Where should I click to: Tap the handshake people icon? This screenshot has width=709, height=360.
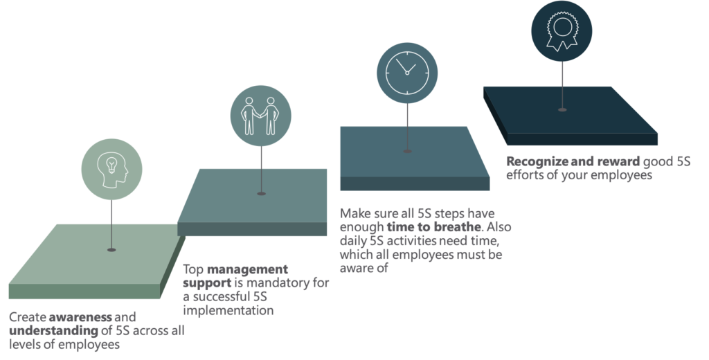260,116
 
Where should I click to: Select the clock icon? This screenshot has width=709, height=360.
407,73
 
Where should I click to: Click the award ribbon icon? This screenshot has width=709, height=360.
562,30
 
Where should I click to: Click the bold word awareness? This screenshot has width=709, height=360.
80,317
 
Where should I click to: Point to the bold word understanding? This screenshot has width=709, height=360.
53,331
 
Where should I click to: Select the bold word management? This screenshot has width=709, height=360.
247,269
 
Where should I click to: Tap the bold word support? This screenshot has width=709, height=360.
207,284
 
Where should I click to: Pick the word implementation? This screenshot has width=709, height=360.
228,311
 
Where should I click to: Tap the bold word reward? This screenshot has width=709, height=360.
618,161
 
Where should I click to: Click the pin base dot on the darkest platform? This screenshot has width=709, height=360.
562,109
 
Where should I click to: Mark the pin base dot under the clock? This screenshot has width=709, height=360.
407,151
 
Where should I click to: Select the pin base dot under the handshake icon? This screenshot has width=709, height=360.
261,194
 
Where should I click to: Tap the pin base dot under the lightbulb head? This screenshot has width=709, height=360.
111,250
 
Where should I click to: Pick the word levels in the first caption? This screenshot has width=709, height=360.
24,345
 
